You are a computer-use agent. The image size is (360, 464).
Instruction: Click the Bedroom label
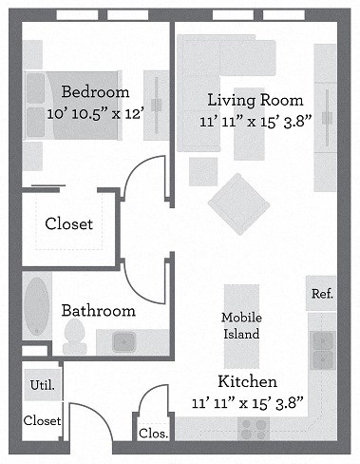(x=95, y=92)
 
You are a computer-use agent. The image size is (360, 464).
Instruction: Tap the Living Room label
(x=255, y=100)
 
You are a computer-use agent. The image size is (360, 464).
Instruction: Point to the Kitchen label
(x=248, y=381)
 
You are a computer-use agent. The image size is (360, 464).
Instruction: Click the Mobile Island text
(x=240, y=325)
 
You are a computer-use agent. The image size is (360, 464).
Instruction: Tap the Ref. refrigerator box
(x=322, y=294)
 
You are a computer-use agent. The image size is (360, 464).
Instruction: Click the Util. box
(x=41, y=386)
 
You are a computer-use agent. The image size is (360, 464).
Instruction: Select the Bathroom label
(x=98, y=310)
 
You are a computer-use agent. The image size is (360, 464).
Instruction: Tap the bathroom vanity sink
(x=125, y=339)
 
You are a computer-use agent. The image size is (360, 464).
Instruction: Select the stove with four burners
(x=253, y=430)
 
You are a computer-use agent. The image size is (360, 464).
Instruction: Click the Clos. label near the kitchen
(x=154, y=434)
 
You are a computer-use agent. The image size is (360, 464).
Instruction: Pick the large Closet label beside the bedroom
(x=69, y=224)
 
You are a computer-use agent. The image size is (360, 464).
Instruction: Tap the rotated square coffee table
(x=237, y=202)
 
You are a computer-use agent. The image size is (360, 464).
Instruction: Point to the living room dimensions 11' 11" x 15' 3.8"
(x=255, y=121)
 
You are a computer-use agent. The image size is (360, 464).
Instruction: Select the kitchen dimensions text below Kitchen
(x=248, y=403)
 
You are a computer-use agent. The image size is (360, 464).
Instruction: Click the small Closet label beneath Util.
(x=42, y=420)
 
